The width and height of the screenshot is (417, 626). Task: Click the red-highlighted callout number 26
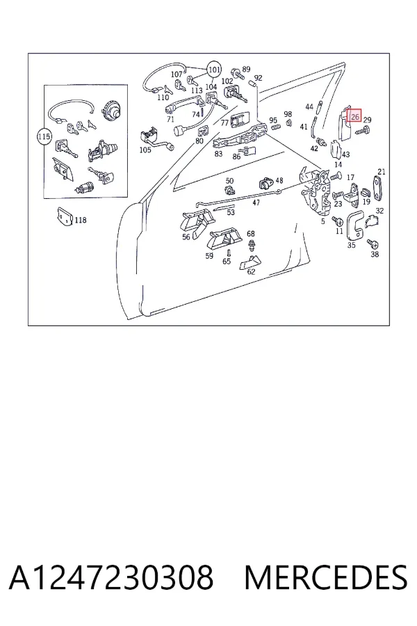tap(354, 117)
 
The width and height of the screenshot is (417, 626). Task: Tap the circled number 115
tap(44, 136)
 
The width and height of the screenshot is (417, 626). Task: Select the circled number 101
tap(214, 70)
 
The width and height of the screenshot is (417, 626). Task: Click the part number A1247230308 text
tap(111, 577)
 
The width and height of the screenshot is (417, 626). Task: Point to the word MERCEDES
tap(326, 577)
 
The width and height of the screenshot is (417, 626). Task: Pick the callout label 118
tap(81, 220)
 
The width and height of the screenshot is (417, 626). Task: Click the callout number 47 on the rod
tap(256, 202)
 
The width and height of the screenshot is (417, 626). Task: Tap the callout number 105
tap(145, 150)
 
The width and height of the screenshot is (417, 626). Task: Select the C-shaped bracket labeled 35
tap(354, 226)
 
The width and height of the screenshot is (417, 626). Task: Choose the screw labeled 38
tap(373, 243)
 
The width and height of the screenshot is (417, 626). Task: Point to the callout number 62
tap(251, 272)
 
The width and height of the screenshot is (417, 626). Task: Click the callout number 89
tap(246, 70)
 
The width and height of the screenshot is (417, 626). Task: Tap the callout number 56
tap(186, 236)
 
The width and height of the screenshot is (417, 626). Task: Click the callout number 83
tap(218, 154)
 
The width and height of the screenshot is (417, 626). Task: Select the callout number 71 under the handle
tap(170, 120)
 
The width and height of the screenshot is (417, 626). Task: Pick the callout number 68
tap(251, 234)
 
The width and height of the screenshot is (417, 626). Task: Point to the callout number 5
tap(322, 220)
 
